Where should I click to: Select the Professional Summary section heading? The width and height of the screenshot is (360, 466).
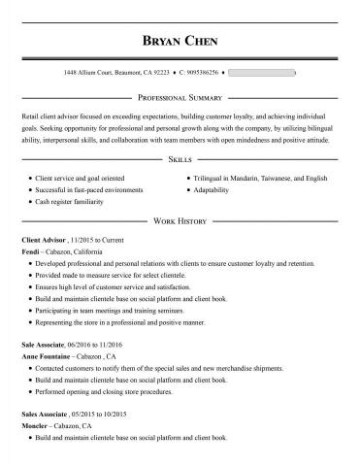click(180, 99)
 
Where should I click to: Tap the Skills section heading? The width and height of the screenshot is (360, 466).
click(180, 157)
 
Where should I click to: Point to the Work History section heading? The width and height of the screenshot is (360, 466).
click(180, 221)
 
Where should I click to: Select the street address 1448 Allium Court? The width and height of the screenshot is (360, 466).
click(88, 73)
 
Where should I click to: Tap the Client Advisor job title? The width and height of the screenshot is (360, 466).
click(44, 239)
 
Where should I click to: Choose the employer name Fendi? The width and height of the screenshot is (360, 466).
click(29, 250)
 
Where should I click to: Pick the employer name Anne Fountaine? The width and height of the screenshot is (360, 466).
click(48, 357)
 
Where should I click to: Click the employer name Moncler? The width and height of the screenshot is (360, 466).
click(35, 426)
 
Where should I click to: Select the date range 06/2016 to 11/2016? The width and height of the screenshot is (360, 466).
click(100, 345)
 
